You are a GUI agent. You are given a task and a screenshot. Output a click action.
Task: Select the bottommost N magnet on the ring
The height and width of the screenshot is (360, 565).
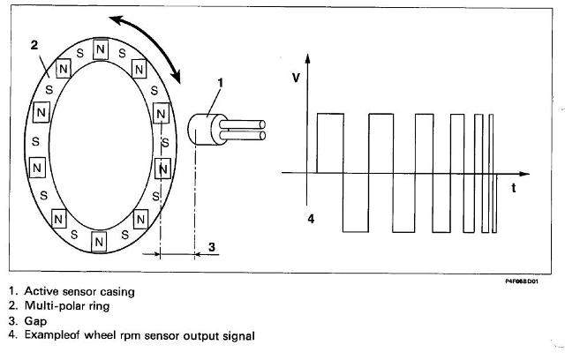(x=98, y=238)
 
